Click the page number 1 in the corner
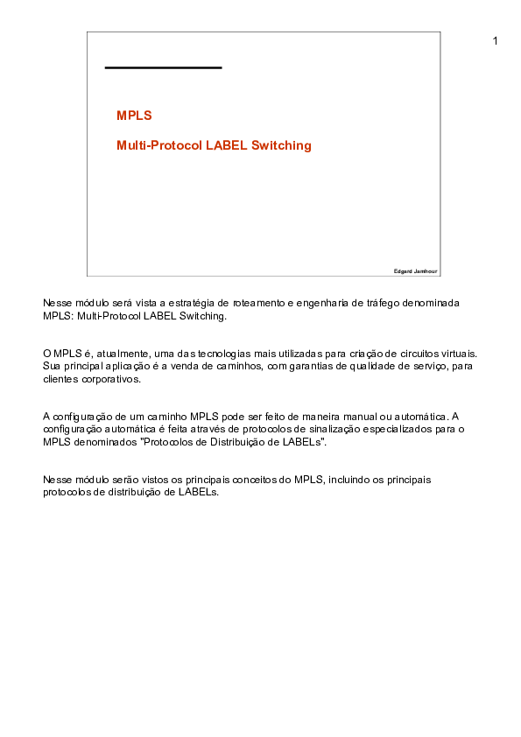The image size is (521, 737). point(496,41)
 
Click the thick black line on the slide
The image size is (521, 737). point(163,67)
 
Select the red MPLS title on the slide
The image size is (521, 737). point(134,116)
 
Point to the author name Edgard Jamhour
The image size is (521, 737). point(415,271)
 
